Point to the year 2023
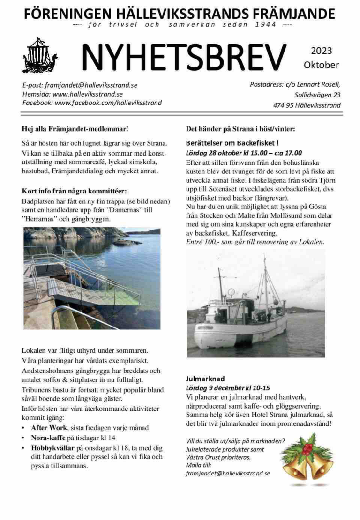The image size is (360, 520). point(321,51)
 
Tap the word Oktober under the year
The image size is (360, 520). point(321,65)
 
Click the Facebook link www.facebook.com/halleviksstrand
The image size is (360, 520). point(108,103)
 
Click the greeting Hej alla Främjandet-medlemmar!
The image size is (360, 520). point(75,129)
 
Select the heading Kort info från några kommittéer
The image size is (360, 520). point(75,191)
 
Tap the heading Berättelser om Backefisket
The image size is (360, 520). point(232,143)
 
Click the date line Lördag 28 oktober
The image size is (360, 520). point(244,153)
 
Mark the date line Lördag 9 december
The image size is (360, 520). point(228,388)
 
